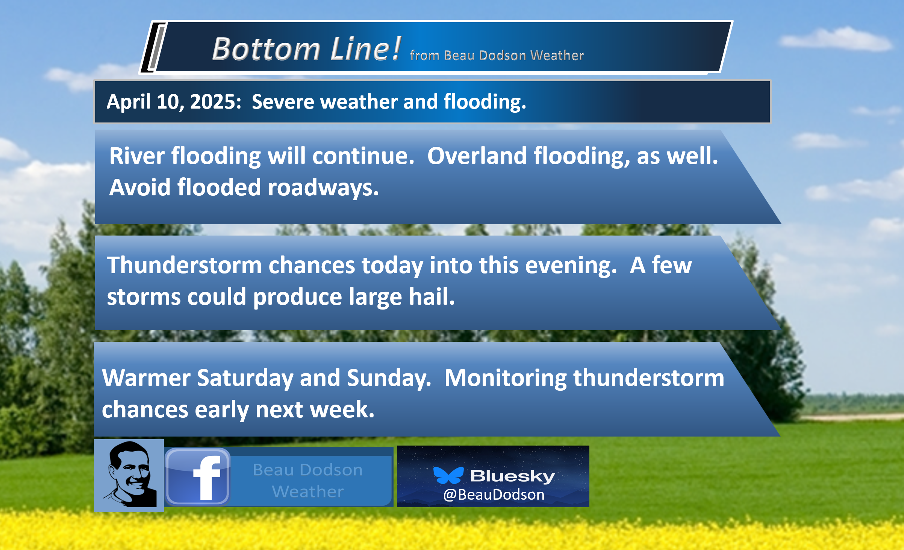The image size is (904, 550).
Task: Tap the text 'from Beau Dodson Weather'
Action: point(497,55)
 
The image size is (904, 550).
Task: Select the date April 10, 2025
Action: point(174,102)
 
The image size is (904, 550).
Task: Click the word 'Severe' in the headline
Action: point(283,101)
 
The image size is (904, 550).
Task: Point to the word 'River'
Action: point(137,156)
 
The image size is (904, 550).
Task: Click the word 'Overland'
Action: point(477,156)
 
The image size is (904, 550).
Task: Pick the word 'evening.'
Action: point(571,266)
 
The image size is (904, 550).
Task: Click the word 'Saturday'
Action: point(245,378)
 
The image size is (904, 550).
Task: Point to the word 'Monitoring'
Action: point(506,378)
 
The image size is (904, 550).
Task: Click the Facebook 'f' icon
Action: point(198,476)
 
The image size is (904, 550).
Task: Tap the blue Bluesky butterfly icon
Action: point(448,475)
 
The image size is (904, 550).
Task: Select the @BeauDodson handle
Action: point(494,494)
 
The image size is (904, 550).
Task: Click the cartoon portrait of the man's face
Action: point(129,476)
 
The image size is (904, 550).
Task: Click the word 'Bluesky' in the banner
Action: point(512,476)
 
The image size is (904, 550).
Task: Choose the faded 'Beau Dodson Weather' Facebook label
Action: point(308,480)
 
